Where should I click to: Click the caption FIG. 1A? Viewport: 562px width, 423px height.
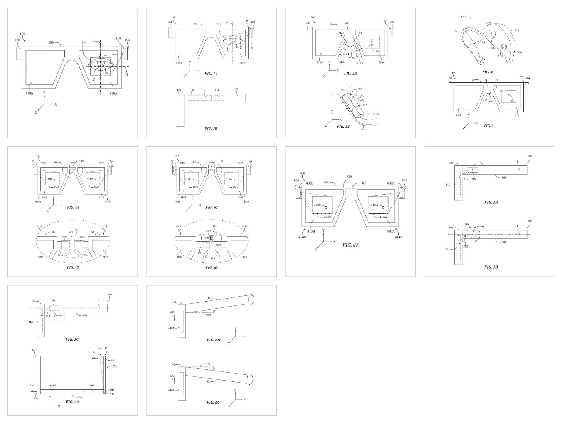pyautogui.click(x=211, y=73)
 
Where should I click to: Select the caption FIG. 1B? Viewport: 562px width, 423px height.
pyautogui.click(x=211, y=128)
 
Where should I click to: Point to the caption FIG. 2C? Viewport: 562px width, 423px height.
pyautogui.click(x=488, y=72)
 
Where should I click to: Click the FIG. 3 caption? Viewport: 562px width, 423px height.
pyautogui.click(x=488, y=125)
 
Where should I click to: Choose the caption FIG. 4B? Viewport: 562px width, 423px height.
pyautogui.click(x=72, y=267)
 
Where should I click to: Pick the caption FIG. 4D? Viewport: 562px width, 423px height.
pyautogui.click(x=211, y=267)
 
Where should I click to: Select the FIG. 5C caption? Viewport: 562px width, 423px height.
pyautogui.click(x=72, y=339)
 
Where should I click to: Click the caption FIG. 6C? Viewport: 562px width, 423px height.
pyautogui.click(x=213, y=402)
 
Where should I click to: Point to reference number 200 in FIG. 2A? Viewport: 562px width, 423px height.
pyautogui.click(x=313, y=18)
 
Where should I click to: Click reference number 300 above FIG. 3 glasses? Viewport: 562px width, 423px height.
pyautogui.click(x=453, y=73)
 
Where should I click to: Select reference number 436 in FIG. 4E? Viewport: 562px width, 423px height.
pyautogui.click(x=348, y=176)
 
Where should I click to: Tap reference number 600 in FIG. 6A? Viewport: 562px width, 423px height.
pyautogui.click(x=34, y=350)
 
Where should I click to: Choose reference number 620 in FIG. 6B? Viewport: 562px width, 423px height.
pyautogui.click(x=172, y=312)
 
